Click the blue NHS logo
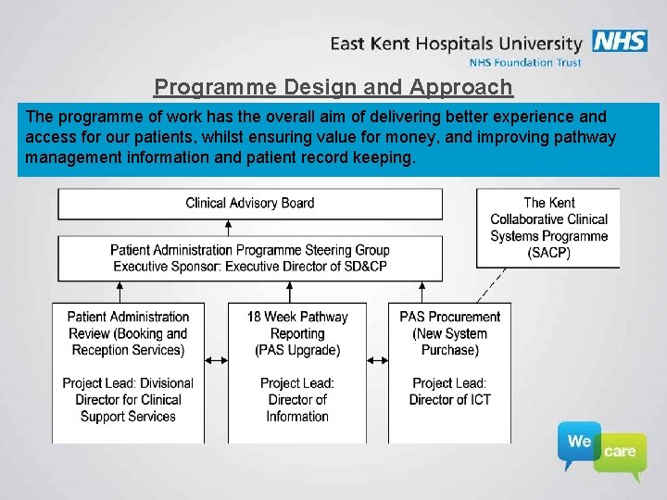[x=620, y=42]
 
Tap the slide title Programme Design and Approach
[x=333, y=87]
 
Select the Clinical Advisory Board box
[x=249, y=204]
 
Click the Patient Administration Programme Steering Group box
[x=249, y=257]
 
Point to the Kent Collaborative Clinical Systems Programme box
[x=548, y=228]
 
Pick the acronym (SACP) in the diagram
[x=548, y=253]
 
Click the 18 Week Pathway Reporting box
[x=297, y=370]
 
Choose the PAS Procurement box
[x=449, y=370]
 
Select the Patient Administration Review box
[x=129, y=370]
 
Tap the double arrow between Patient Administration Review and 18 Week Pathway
[x=217, y=358]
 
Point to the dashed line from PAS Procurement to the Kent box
[x=491, y=285]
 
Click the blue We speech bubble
[x=580, y=444]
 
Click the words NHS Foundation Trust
[x=525, y=62]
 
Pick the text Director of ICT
[x=450, y=400]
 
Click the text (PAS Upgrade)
[x=297, y=350]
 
